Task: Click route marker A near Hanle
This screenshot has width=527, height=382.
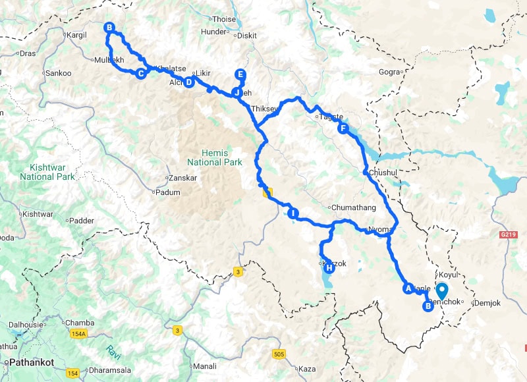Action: pos(408,288)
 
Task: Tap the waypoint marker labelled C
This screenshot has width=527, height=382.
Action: pos(140,74)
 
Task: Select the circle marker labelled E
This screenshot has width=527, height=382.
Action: pos(240,74)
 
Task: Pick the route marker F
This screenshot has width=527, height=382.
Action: pos(343,129)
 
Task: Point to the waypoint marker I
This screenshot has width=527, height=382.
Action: pos(294,213)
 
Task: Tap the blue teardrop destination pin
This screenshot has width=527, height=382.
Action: pos(442,290)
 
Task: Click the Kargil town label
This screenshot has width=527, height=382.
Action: pos(76,35)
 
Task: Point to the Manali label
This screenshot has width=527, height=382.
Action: pos(204,366)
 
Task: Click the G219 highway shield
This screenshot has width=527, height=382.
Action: pos(507,234)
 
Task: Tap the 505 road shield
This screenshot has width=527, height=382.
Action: pos(278,354)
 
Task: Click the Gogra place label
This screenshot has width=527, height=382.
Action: pos(390,71)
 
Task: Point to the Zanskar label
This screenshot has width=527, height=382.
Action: pos(183,178)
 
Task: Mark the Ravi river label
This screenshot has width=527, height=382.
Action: pos(114,344)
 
